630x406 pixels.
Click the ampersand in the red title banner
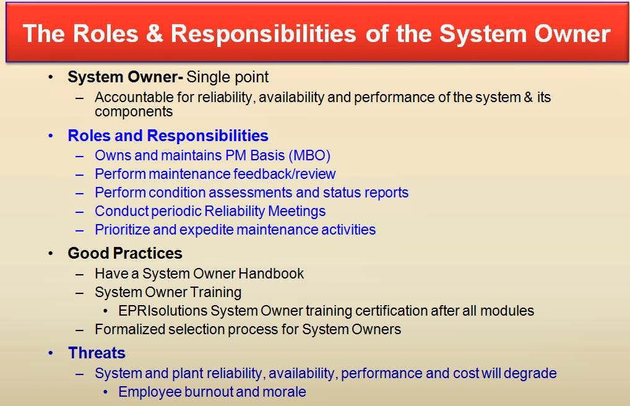pos(155,33)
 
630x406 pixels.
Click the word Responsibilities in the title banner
pos(264,34)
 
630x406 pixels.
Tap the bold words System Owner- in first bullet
pos(126,77)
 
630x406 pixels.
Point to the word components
pos(134,112)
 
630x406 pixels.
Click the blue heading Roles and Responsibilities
pos(168,136)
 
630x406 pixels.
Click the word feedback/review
pos(285,174)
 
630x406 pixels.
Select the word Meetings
pos(297,211)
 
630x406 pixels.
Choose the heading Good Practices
pos(125,253)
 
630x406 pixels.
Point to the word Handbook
pos(271,274)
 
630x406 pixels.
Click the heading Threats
pos(97,353)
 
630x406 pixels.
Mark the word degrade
pos(530,373)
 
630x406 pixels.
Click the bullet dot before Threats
pos(51,353)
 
